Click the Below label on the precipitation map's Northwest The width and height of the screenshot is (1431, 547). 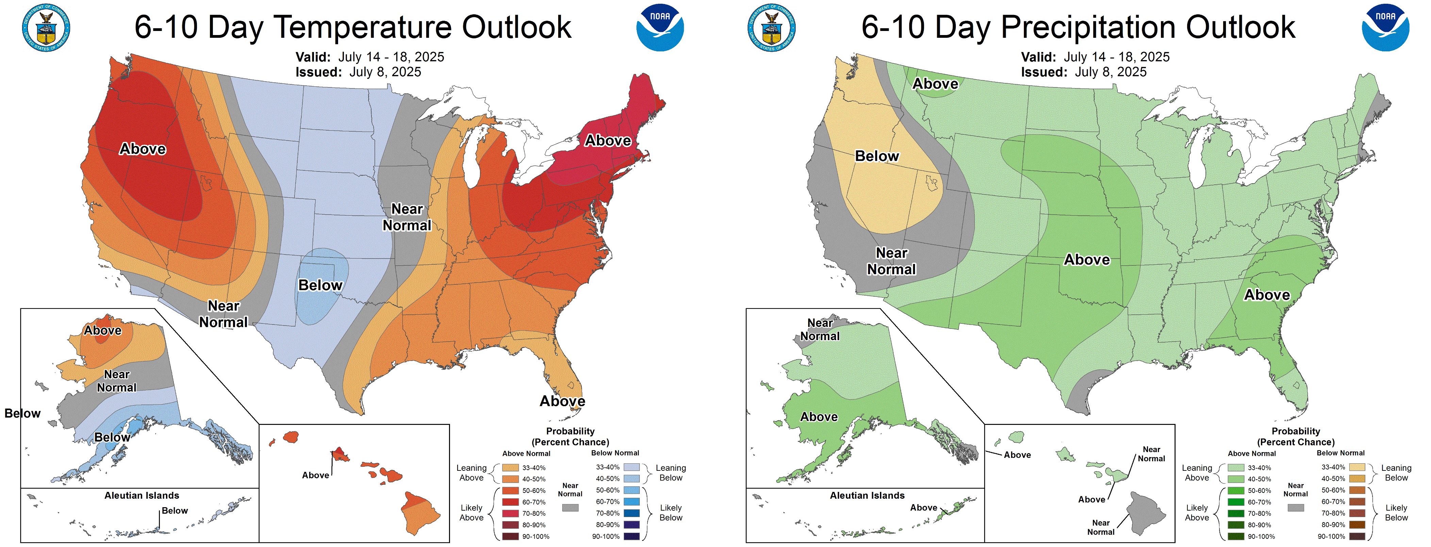[877, 156]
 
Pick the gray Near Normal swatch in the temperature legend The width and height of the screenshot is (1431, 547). [570, 508]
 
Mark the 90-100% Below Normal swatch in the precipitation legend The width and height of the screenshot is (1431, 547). [1357, 536]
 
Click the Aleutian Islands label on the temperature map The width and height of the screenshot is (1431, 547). [142, 495]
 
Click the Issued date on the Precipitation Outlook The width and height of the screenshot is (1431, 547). [1083, 72]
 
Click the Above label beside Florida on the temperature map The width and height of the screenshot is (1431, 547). [562, 401]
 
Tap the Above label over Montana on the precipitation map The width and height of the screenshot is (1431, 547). [935, 84]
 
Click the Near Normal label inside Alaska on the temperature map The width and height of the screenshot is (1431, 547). [117, 381]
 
